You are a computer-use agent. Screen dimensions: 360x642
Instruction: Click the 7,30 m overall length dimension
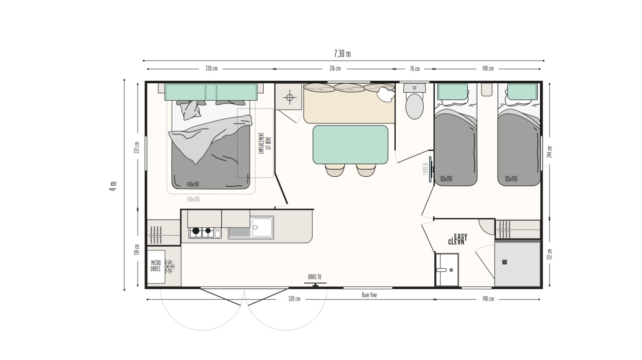[342, 54]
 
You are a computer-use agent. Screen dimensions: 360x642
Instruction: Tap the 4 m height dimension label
[113, 186]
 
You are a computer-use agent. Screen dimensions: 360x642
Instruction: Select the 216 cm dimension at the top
[335, 69]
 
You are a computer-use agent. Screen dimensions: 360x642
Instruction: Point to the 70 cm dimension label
[415, 69]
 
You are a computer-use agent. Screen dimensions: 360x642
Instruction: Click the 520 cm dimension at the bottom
[294, 299]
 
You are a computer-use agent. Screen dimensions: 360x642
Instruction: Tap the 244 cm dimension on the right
[550, 152]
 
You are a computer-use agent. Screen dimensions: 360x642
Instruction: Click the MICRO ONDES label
[155, 266]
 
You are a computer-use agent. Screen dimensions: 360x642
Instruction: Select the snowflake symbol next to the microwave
[170, 267]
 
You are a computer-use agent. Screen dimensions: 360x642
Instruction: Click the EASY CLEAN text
[458, 240]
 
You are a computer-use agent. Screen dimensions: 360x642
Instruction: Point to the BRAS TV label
[314, 277]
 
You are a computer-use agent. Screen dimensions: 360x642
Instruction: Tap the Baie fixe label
[369, 295]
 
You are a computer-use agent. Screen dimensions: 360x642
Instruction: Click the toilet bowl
[414, 106]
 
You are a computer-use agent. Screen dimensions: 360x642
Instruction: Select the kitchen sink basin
[262, 227]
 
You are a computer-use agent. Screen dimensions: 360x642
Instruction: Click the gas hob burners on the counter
[202, 231]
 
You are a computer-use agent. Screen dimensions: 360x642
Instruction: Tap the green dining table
[350, 145]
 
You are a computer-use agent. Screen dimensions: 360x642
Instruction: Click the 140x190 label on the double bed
[193, 184]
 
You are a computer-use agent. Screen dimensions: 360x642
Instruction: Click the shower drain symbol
[504, 262]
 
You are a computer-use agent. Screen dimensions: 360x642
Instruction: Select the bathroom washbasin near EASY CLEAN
[447, 270]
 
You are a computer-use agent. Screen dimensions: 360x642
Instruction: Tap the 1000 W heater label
[425, 169]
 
